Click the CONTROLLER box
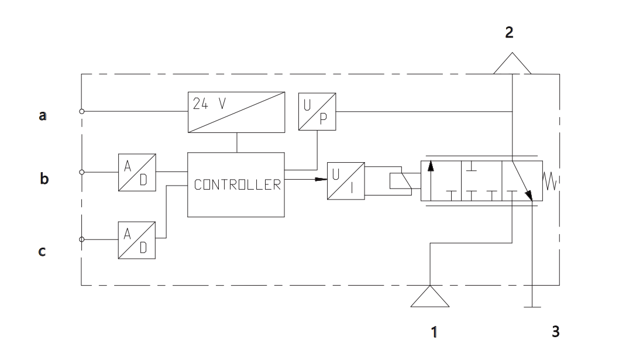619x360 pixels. pyautogui.click(x=236, y=184)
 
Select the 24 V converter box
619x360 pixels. pyautogui.click(x=236, y=112)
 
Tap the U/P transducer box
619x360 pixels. pyautogui.click(x=317, y=111)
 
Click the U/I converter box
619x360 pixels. pyautogui.click(x=346, y=181)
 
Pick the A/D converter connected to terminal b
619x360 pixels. pyautogui.click(x=137, y=172)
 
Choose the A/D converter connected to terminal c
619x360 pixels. pyautogui.click(x=136, y=240)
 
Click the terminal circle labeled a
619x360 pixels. pyautogui.click(x=82, y=111)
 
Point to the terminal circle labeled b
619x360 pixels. pyautogui.click(x=82, y=172)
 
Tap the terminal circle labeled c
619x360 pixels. pyautogui.click(x=82, y=239)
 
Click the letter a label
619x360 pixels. pyautogui.click(x=43, y=116)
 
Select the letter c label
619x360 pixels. pyautogui.click(x=42, y=251)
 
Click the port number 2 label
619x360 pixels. pyautogui.click(x=509, y=32)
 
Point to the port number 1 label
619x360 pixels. pyautogui.click(x=434, y=332)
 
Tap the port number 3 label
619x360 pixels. pyautogui.click(x=555, y=331)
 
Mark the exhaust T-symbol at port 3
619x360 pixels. pyautogui.click(x=532, y=307)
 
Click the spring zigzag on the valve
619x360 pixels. pyautogui.click(x=549, y=181)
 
